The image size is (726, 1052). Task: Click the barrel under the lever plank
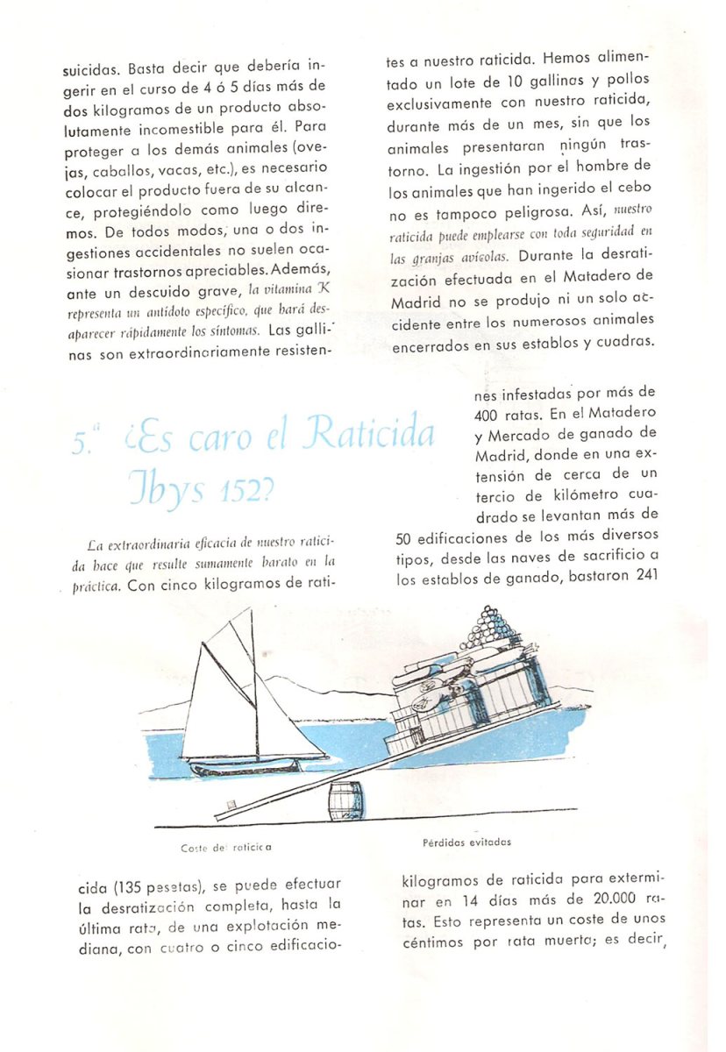pyautogui.click(x=345, y=801)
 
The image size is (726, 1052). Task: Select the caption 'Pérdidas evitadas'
pyautogui.click(x=466, y=842)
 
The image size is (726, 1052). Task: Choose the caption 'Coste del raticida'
pyautogui.click(x=225, y=848)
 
